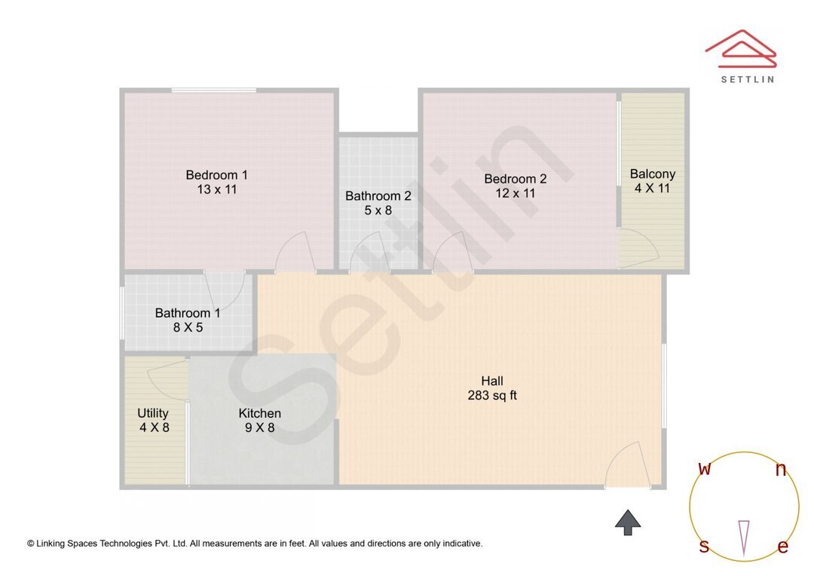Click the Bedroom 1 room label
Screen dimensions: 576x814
(216, 175)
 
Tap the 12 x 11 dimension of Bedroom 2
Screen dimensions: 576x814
(515, 193)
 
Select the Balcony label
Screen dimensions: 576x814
(652, 173)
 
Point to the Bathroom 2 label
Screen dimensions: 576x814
(378, 196)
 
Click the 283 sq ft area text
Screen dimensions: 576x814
(492, 395)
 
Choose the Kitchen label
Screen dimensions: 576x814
(259, 413)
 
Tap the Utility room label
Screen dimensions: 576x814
(153, 413)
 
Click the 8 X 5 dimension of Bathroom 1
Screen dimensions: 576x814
(188, 327)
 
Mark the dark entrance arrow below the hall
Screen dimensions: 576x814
(628, 521)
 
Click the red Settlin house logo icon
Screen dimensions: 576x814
(740, 48)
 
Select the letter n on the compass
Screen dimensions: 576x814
(781, 470)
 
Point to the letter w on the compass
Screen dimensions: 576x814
(705, 469)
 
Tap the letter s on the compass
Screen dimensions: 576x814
(704, 547)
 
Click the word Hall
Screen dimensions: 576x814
(492, 381)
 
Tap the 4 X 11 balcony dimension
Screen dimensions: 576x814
(652, 188)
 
